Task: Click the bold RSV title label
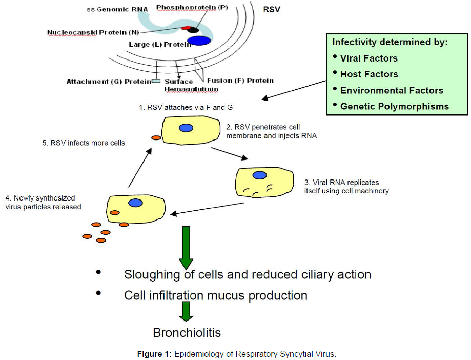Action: pyautogui.click(x=271, y=10)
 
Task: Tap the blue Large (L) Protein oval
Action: pyautogui.click(x=199, y=41)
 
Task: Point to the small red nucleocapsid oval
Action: pyautogui.click(x=186, y=28)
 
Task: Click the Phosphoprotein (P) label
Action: pyautogui.click(x=192, y=8)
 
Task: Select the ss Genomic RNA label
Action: pyautogui.click(x=117, y=9)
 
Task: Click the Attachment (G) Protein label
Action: pyautogui.click(x=109, y=82)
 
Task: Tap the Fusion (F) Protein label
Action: pyautogui.click(x=240, y=81)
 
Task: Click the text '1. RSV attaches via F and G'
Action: pyautogui.click(x=186, y=107)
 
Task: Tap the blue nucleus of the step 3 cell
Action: pyautogui.click(x=259, y=175)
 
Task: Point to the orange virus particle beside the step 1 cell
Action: pyautogui.click(x=156, y=138)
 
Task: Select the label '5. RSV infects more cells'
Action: pyautogui.click(x=84, y=143)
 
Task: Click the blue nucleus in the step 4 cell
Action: pyautogui.click(x=135, y=203)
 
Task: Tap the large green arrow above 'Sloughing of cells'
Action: pyautogui.click(x=186, y=248)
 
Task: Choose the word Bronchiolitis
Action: pyautogui.click(x=187, y=333)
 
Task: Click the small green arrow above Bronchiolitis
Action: pyautogui.click(x=186, y=311)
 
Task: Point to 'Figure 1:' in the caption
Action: pyautogui.click(x=154, y=354)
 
